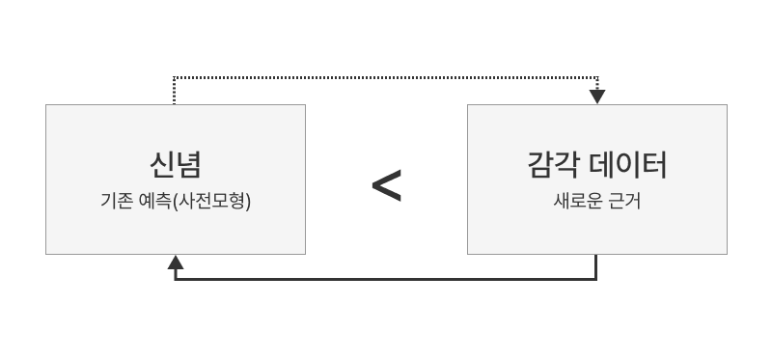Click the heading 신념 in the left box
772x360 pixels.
pyautogui.click(x=175, y=165)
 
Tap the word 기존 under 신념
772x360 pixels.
pyautogui.click(x=117, y=204)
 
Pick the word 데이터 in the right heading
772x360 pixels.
pyautogui.click(x=628, y=165)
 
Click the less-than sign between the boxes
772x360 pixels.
pyautogui.click(x=386, y=185)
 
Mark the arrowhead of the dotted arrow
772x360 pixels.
pyautogui.click(x=597, y=97)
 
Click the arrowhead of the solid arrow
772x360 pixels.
pyautogui.click(x=176, y=263)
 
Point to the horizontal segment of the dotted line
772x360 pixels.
pyautogui.click(x=386, y=77)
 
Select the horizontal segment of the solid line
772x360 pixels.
pyautogui.click(x=386, y=279)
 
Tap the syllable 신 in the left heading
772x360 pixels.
pyautogui.click(x=161, y=165)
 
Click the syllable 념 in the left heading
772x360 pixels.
pyautogui.click(x=189, y=165)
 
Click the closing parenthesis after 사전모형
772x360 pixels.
pyautogui.click(x=248, y=204)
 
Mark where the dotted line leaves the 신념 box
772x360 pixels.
pyautogui.click(x=175, y=103)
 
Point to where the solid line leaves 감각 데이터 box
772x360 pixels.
pyautogui.click(x=596, y=256)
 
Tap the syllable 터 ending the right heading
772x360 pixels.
pyautogui.click(x=654, y=165)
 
